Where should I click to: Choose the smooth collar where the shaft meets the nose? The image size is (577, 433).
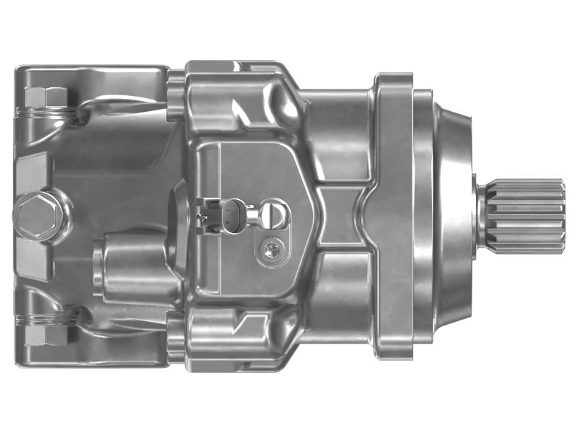pyautogui.click(x=481, y=216)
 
